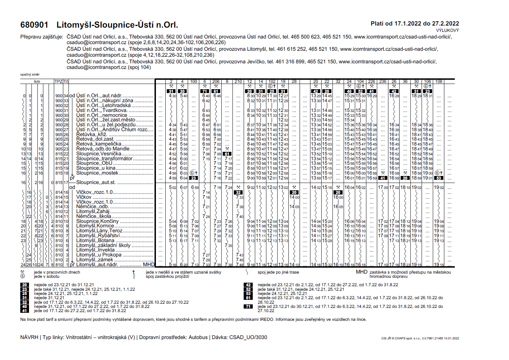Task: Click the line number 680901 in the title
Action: tap(34, 25)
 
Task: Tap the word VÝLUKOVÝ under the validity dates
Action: tap(447, 30)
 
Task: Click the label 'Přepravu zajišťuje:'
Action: tap(42, 37)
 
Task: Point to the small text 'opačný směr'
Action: tap(30, 75)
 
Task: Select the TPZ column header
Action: tap(58, 82)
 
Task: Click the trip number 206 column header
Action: tap(216, 82)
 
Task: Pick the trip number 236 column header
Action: tap(383, 82)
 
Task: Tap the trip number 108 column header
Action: tap(439, 82)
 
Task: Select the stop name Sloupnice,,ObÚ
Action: tap(94, 163)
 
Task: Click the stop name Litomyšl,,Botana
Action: tap(95, 240)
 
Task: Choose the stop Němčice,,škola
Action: tap(94, 216)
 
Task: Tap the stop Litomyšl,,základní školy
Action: tap(103, 245)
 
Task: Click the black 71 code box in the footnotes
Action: tap(248, 306)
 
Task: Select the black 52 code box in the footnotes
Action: tap(248, 289)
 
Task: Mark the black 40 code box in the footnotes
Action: tap(24, 306)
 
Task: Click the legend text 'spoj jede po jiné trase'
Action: tap(278, 272)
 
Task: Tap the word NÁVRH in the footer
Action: tap(29, 337)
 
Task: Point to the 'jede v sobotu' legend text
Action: tap(46, 276)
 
